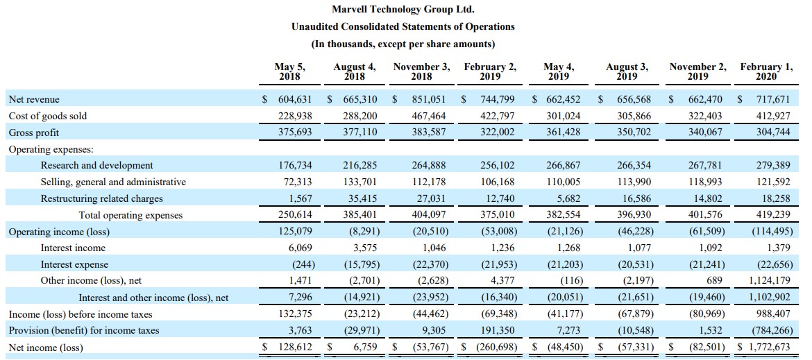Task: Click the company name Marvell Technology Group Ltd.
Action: [x=403, y=9]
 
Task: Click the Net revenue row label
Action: [x=34, y=99]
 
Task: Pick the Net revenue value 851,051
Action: [x=430, y=99]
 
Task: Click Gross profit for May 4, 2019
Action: [x=563, y=132]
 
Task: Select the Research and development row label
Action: [x=97, y=166]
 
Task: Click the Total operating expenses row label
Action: [x=130, y=215]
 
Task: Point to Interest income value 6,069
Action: [x=301, y=248]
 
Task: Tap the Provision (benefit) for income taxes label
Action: [x=84, y=330]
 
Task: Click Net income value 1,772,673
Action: [x=766, y=347]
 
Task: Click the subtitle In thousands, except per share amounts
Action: [x=403, y=44]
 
